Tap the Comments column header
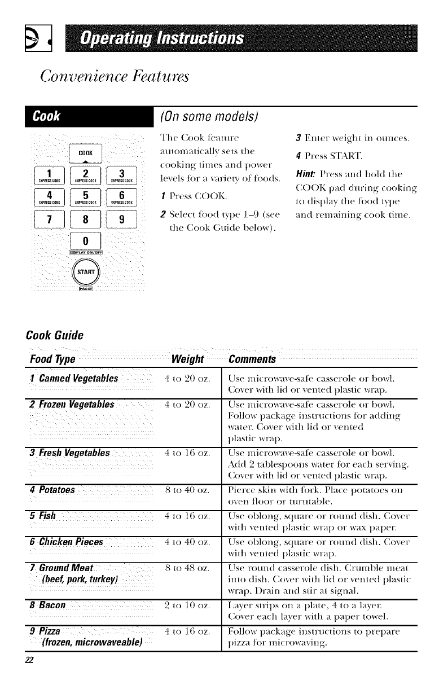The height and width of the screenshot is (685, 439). click(x=252, y=360)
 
